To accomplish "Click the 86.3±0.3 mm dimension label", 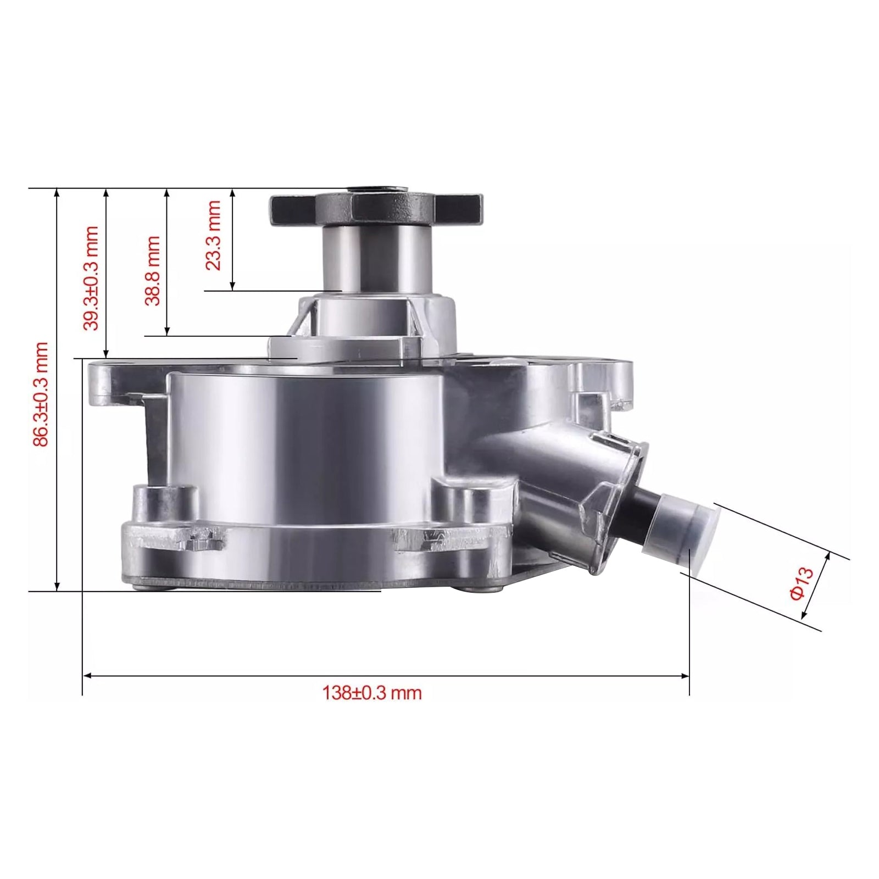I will (41, 394).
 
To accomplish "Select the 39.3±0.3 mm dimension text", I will (91, 278).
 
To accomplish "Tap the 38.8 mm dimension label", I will (152, 271).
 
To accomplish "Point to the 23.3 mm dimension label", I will (213, 235).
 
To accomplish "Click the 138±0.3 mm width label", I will (372, 693).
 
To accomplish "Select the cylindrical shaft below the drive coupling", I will (376, 258).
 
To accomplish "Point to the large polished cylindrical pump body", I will (308, 439).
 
